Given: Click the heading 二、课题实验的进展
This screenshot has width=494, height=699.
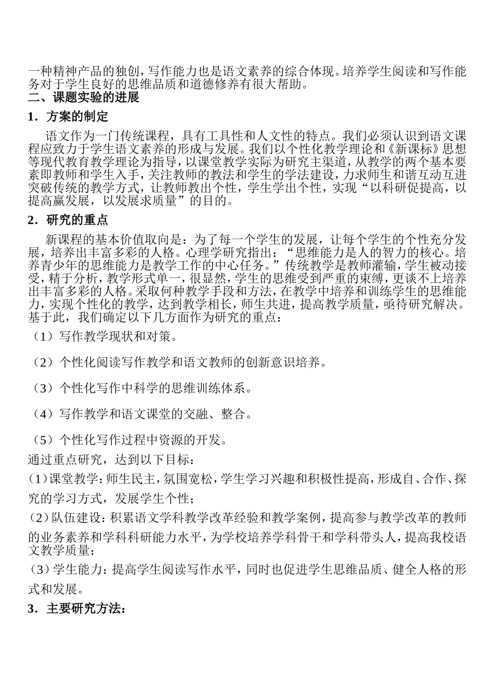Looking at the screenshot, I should (x=84, y=97).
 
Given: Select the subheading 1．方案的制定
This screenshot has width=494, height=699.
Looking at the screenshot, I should (x=68, y=116).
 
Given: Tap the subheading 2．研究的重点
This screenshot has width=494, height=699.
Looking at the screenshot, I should (x=68, y=219).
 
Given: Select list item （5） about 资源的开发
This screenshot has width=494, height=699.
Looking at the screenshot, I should (x=129, y=440).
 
